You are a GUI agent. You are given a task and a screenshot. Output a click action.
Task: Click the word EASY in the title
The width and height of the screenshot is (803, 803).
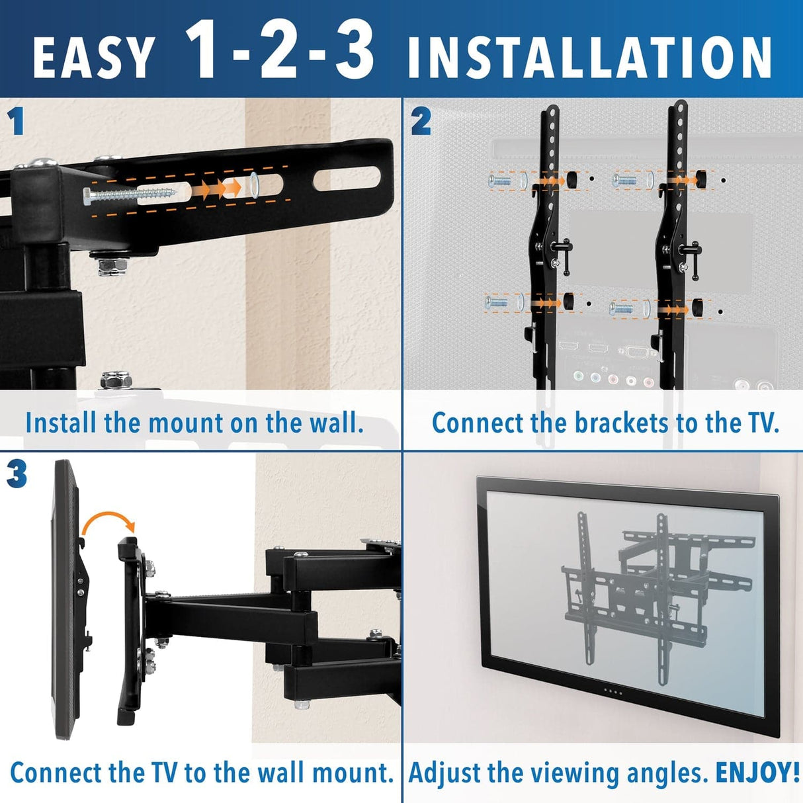(x=93, y=57)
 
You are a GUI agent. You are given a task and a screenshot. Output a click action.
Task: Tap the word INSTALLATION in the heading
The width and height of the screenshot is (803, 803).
(x=589, y=57)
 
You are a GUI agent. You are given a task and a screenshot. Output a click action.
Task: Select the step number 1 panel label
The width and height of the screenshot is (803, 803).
(x=16, y=122)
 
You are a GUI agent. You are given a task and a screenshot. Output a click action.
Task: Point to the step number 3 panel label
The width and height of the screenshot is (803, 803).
(x=17, y=474)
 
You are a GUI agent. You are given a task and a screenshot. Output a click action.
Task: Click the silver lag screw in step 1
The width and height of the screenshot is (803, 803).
(x=129, y=194)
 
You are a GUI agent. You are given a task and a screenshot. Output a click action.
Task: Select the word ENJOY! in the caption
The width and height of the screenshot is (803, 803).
(x=757, y=773)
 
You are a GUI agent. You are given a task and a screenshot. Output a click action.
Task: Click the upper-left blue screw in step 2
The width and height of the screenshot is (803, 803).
(x=500, y=180)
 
